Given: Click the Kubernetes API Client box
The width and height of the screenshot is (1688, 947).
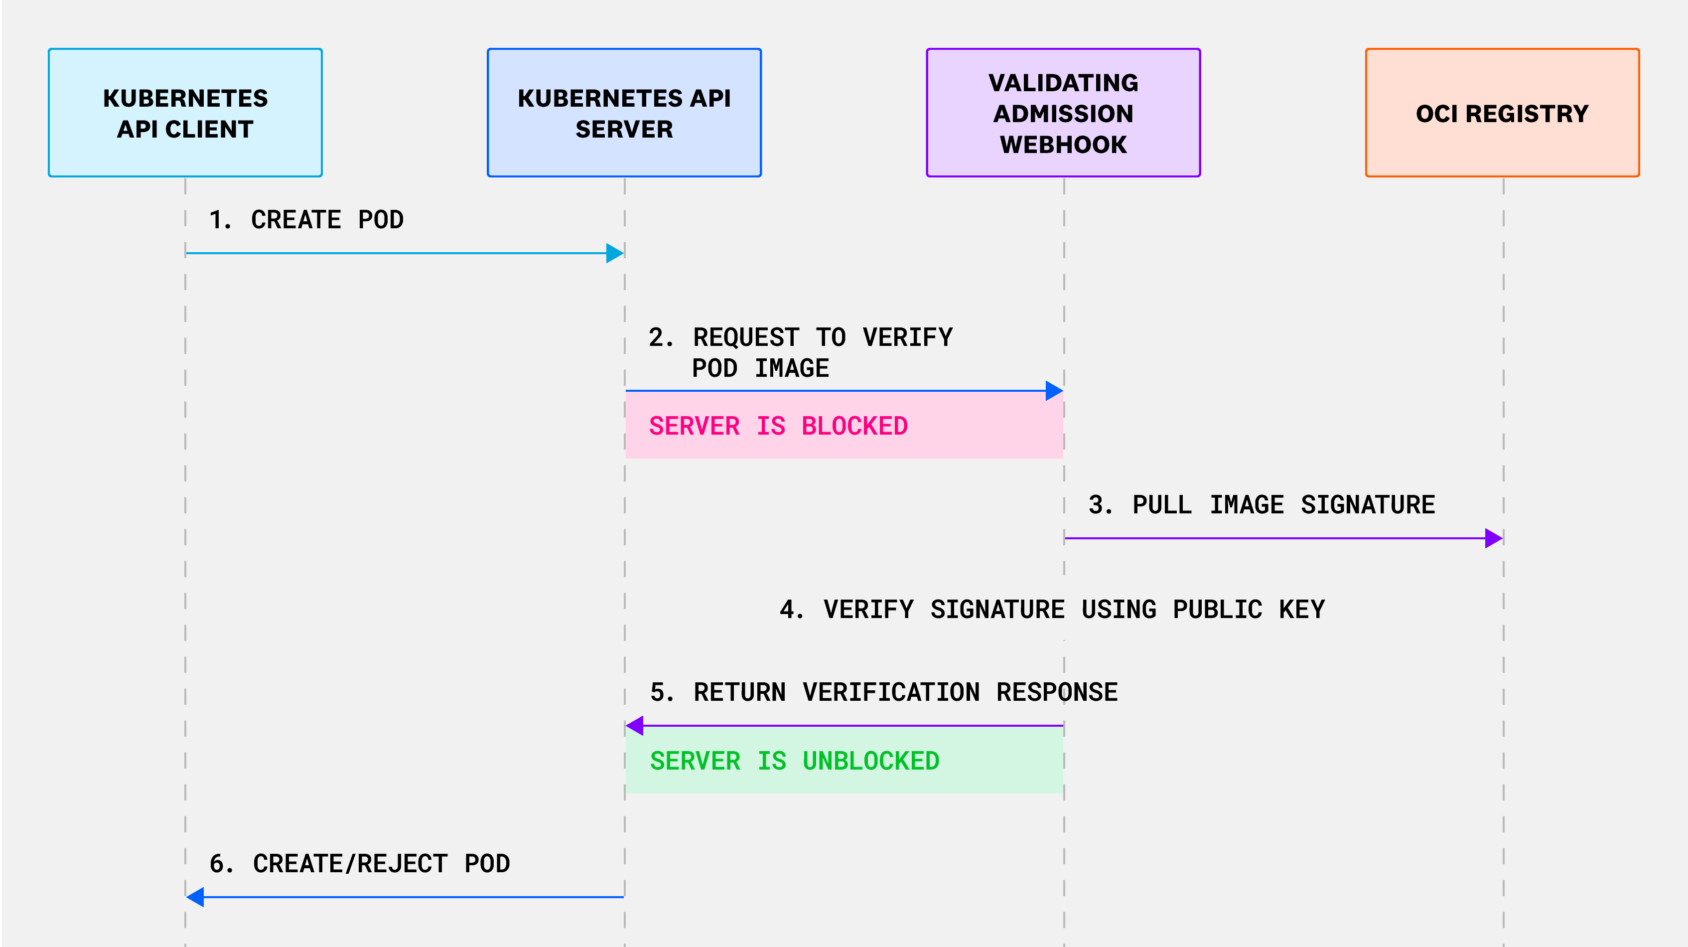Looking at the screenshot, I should pyautogui.click(x=185, y=113).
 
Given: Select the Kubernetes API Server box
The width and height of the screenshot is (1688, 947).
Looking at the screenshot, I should pyautogui.click(x=624, y=113).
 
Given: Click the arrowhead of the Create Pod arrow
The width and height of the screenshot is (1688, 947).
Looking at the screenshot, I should pyautogui.click(x=615, y=253).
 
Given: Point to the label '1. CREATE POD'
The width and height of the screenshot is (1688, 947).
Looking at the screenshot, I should pyautogui.click(x=306, y=219).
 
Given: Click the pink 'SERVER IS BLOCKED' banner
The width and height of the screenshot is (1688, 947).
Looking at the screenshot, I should pyautogui.click(x=844, y=426).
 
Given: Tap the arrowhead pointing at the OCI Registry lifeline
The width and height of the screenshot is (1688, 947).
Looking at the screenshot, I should pyautogui.click(x=1493, y=538).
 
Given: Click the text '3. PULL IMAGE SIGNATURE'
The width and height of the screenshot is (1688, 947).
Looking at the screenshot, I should pyautogui.click(x=1262, y=504).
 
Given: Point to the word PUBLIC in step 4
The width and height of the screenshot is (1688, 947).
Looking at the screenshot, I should pyautogui.click(x=1217, y=610).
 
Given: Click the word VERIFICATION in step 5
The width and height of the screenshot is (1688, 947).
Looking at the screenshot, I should pyautogui.click(x=891, y=692).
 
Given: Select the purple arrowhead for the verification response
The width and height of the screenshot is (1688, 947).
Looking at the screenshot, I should pyautogui.click(x=635, y=726).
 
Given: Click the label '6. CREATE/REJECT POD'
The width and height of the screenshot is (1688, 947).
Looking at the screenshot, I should pyautogui.click(x=359, y=863).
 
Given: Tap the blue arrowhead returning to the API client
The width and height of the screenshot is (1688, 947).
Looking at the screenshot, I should pyautogui.click(x=195, y=897).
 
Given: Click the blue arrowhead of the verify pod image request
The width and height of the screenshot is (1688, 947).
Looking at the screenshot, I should pyautogui.click(x=1054, y=391).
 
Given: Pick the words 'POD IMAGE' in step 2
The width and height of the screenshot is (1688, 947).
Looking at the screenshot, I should pyautogui.click(x=760, y=368).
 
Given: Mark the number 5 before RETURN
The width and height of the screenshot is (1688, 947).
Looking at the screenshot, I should pyautogui.click(x=658, y=692).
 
